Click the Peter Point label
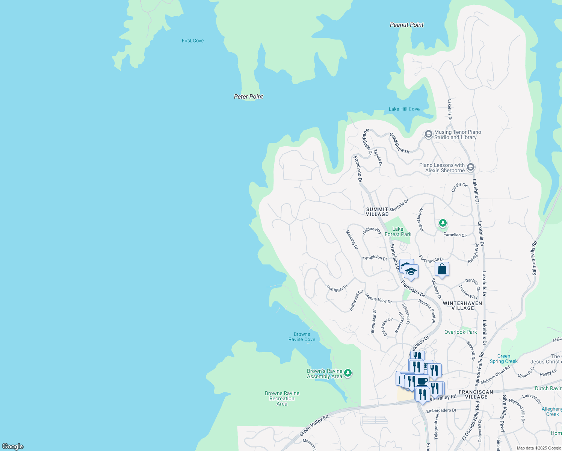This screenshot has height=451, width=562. [248, 97]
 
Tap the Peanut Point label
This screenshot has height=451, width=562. [406, 25]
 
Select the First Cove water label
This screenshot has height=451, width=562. [193, 41]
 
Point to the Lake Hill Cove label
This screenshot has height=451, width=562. [404, 109]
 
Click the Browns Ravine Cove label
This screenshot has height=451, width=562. [302, 337]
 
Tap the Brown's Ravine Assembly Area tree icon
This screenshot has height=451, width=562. [348, 373]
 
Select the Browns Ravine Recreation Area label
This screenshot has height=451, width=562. [282, 398]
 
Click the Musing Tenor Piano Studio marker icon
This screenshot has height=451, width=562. [428, 134]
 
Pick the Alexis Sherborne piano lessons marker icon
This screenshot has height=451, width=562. [471, 167]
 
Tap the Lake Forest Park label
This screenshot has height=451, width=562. [398, 232]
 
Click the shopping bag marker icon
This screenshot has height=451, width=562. [442, 269]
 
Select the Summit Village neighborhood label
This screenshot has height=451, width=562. [377, 212]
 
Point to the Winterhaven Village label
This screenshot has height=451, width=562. [462, 306]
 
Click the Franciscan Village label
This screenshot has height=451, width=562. [476, 394]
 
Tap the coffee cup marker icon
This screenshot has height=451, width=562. [422, 381]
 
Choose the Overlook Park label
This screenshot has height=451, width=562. [460, 332]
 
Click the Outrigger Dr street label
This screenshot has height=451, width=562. [337, 288]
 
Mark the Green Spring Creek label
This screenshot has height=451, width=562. [503, 359]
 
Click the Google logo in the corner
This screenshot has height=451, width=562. [12, 446]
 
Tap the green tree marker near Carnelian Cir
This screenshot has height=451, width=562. [443, 224]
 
